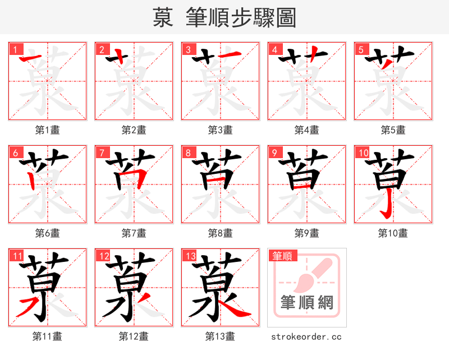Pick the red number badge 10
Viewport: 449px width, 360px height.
coord(363,153)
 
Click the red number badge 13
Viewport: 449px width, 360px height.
coord(190,256)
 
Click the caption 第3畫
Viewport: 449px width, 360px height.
coord(220,130)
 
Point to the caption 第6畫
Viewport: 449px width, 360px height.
coord(47,233)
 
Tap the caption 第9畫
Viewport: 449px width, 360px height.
coord(306,233)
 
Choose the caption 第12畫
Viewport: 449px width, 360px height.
coord(134,336)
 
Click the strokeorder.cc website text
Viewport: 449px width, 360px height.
coord(306,336)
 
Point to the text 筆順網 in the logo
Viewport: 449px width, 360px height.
coord(307,303)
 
